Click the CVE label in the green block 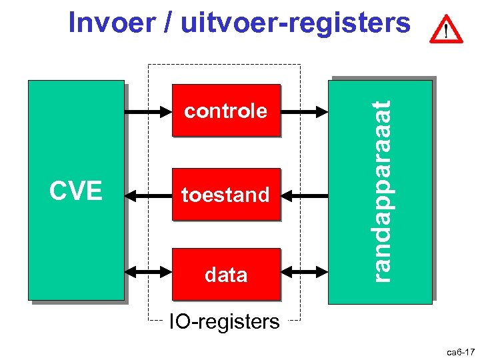(75, 191)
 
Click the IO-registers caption (224, 322)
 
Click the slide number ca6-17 (460, 351)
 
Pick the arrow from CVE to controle (148, 111)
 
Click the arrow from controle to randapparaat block (305, 111)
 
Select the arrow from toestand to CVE (148, 196)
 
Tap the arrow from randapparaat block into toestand (305, 196)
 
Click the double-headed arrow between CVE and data (148, 272)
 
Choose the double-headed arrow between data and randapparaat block (305, 272)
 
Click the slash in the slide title (163, 23)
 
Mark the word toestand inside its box (226, 195)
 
